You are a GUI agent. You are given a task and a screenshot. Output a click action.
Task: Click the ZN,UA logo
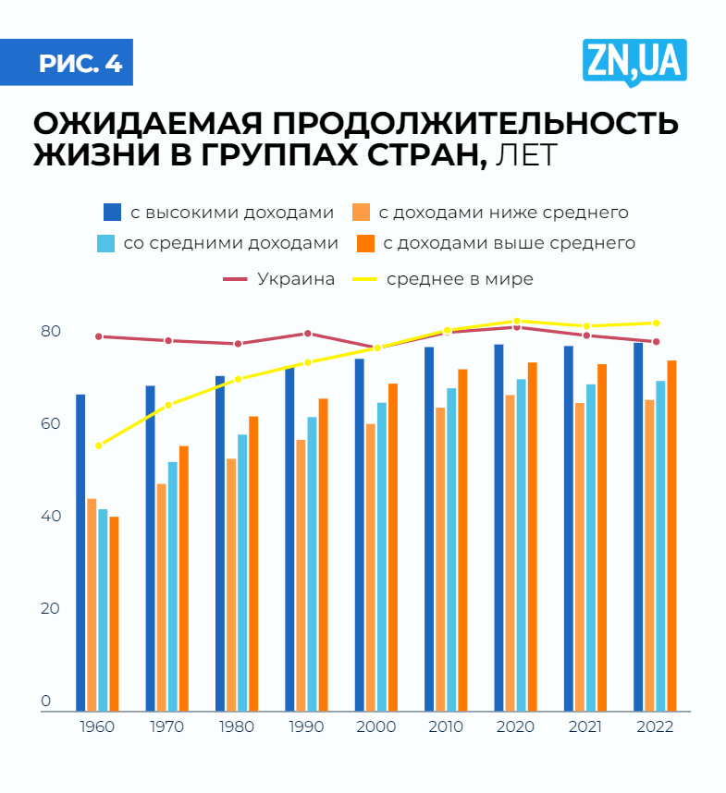[x=634, y=61]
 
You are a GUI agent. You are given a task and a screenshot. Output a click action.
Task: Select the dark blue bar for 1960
[x=80, y=553]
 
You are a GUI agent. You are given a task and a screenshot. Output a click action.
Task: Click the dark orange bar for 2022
[x=672, y=536]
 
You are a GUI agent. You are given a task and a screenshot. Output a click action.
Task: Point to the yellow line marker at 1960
[x=99, y=445]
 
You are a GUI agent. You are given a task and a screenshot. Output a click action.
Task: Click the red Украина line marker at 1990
[x=308, y=334]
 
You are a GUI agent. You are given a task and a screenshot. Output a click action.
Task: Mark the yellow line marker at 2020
[x=517, y=322]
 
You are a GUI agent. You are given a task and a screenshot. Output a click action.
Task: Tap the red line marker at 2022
[x=656, y=342]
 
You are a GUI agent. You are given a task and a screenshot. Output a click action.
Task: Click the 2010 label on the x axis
[x=446, y=726]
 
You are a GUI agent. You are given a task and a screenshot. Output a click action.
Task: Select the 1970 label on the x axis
[x=167, y=726]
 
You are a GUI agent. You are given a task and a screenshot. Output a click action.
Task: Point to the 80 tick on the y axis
[x=51, y=332]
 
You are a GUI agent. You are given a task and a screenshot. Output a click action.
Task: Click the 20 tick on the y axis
[x=51, y=609]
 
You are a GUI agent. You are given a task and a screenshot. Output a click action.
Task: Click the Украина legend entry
[x=295, y=279]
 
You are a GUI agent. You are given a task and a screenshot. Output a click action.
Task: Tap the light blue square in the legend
[x=106, y=244]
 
